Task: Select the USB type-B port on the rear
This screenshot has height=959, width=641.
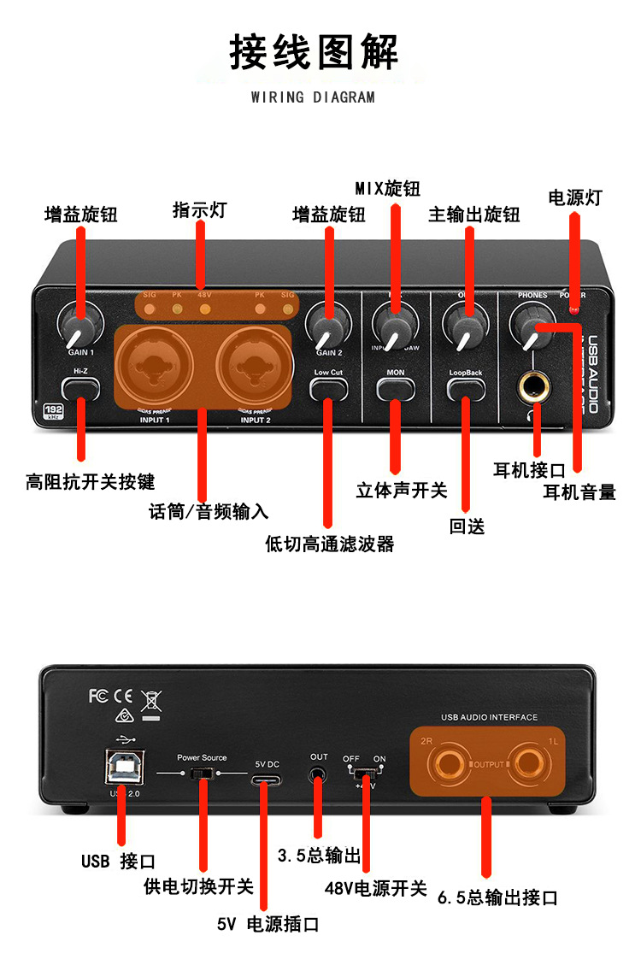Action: point(124,767)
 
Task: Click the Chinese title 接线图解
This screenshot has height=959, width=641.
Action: point(313,52)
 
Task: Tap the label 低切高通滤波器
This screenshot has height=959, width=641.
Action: point(330,544)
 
